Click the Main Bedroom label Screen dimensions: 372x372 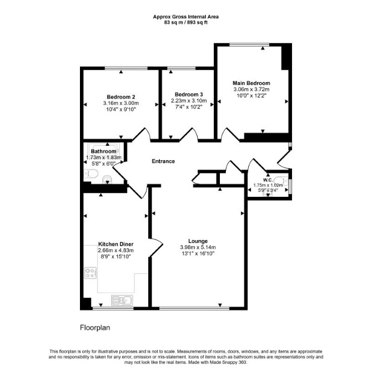tap(252, 83)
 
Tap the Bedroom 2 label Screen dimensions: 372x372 tap(121, 97)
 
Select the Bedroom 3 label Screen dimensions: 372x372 tap(189, 94)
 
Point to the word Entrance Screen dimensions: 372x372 tap(163, 161)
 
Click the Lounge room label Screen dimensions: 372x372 tap(198, 241)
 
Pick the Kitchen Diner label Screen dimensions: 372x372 tap(115, 244)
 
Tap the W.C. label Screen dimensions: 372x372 tap(268, 180)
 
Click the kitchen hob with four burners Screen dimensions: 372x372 tap(91, 273)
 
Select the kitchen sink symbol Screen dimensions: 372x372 tap(122, 300)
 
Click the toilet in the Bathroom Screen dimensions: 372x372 tap(91, 174)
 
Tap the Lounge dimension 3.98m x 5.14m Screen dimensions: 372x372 tap(198, 247)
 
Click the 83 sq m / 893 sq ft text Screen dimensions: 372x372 tap(186, 23)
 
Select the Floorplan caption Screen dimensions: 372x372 tap(95, 328)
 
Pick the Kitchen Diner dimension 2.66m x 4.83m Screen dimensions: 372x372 tap(115, 250)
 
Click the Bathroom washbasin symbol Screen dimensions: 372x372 tap(107, 180)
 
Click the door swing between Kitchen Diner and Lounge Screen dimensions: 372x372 tap(157, 247)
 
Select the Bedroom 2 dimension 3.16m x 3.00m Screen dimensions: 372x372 tap(121, 104)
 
